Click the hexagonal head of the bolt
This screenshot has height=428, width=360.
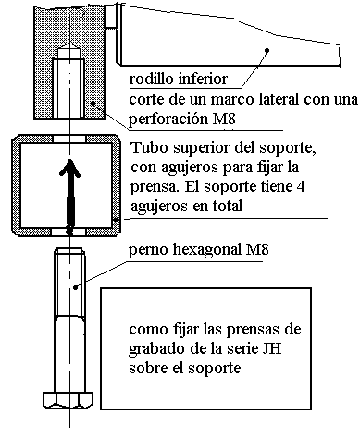[x=68, y=400]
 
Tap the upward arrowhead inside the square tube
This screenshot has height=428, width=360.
[x=70, y=169]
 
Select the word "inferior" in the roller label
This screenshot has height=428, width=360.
[x=203, y=79]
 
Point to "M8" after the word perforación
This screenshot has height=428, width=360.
[x=224, y=119]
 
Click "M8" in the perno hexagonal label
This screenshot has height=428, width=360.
[x=256, y=249]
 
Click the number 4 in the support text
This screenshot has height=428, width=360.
[x=301, y=187]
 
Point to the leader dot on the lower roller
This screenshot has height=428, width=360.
[x=267, y=50]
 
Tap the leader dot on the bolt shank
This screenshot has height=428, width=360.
[x=76, y=287]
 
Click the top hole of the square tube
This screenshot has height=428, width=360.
[x=69, y=139]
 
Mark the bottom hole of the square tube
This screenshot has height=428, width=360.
[x=68, y=232]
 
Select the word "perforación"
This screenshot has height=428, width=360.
[x=168, y=120]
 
